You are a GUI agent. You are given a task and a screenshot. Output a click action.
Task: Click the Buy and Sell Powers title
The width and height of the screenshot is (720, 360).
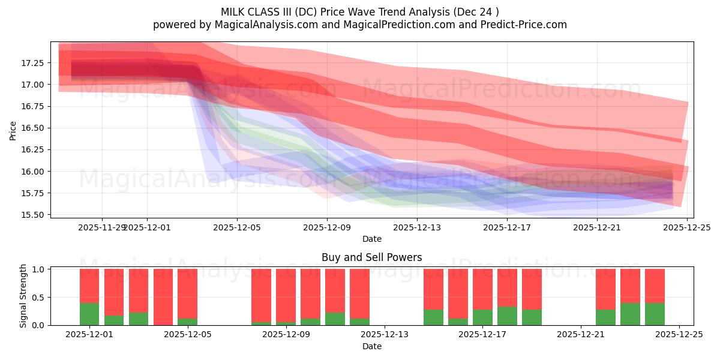(371, 257)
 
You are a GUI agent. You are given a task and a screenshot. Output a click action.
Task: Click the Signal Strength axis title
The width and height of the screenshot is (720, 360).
(23, 296)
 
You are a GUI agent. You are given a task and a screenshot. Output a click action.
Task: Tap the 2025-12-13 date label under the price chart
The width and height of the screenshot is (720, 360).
(417, 227)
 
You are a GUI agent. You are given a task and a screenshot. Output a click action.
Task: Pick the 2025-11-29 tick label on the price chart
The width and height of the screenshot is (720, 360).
(101, 227)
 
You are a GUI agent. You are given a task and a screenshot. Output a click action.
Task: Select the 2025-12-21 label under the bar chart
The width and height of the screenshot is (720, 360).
(581, 335)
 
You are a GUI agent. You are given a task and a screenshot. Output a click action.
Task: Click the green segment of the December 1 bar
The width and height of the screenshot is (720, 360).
(89, 314)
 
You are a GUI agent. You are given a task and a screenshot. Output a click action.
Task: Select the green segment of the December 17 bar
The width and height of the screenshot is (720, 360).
(482, 317)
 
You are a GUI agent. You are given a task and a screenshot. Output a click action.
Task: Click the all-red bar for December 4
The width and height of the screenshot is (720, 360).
(163, 297)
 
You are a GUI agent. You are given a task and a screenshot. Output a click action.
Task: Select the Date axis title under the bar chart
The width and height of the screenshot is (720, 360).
(371, 346)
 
